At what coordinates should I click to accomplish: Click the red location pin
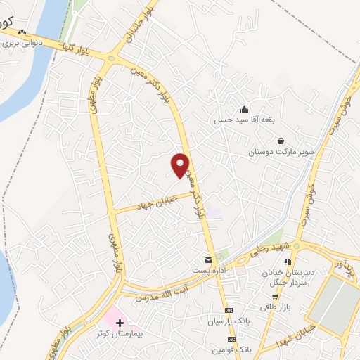(181, 165)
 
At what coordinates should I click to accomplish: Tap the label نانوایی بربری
(20, 43)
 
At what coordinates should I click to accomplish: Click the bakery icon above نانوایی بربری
(22, 32)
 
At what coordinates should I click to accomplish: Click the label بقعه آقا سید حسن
(243, 120)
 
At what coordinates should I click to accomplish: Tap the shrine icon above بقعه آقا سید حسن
(244, 109)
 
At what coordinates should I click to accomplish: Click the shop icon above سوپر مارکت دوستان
(281, 141)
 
